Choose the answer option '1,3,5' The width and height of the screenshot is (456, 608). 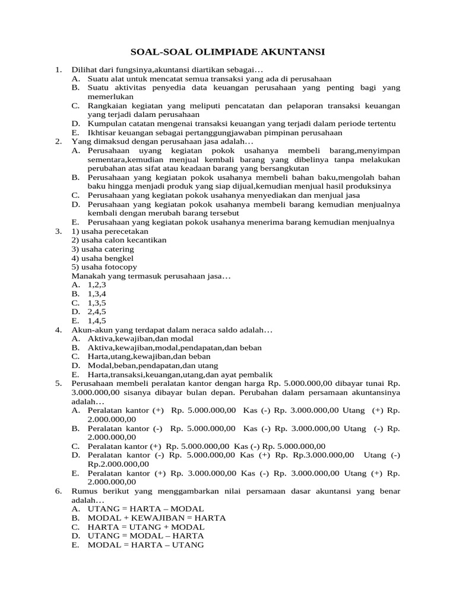(97, 302)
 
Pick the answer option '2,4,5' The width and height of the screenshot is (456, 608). (97, 311)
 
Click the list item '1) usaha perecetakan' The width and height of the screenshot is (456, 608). (110, 231)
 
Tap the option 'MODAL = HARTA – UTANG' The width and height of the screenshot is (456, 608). (145, 544)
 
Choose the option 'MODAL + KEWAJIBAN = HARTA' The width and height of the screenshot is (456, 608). (156, 518)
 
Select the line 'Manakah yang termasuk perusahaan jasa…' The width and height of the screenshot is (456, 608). (151, 275)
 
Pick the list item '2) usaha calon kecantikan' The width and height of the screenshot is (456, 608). (119, 240)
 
